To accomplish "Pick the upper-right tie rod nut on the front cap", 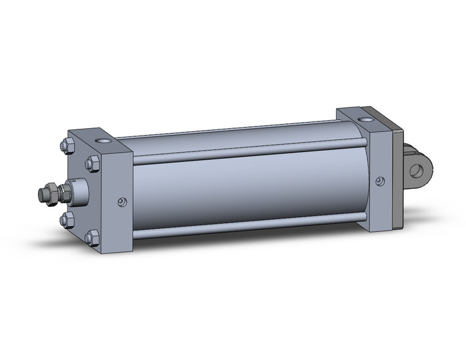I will [93, 163].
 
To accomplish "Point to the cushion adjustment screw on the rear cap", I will [380, 181].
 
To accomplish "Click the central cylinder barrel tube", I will [245, 190].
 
